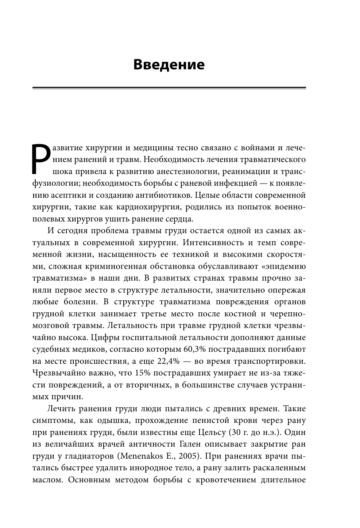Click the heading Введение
[169, 65]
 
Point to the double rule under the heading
[169, 88]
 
